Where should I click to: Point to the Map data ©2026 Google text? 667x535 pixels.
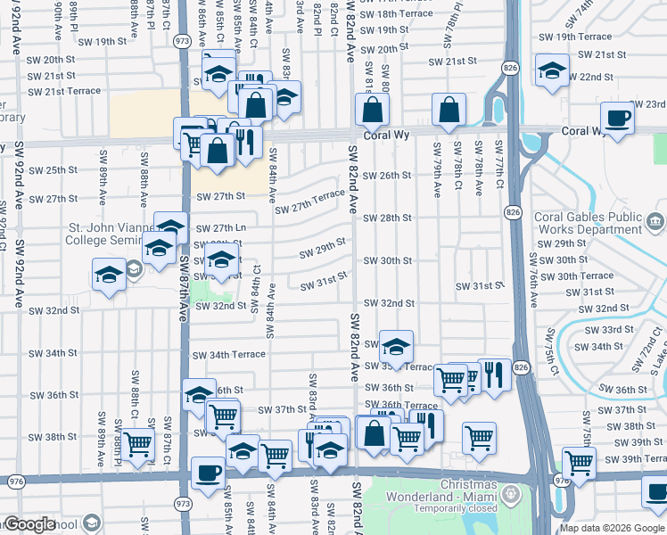tap(612, 528)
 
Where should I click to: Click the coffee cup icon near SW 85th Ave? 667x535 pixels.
tap(208, 473)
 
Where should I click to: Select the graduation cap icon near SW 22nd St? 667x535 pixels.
tap(552, 70)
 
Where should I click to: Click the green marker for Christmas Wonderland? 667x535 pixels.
tap(511, 493)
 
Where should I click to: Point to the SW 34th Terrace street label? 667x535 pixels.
tap(228, 354)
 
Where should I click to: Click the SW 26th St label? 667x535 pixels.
tap(387, 176)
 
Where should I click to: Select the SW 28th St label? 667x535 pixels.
tap(387, 218)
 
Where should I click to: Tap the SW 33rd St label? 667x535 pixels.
tap(605, 329)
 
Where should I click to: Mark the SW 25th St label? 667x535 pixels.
tap(54, 170)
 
